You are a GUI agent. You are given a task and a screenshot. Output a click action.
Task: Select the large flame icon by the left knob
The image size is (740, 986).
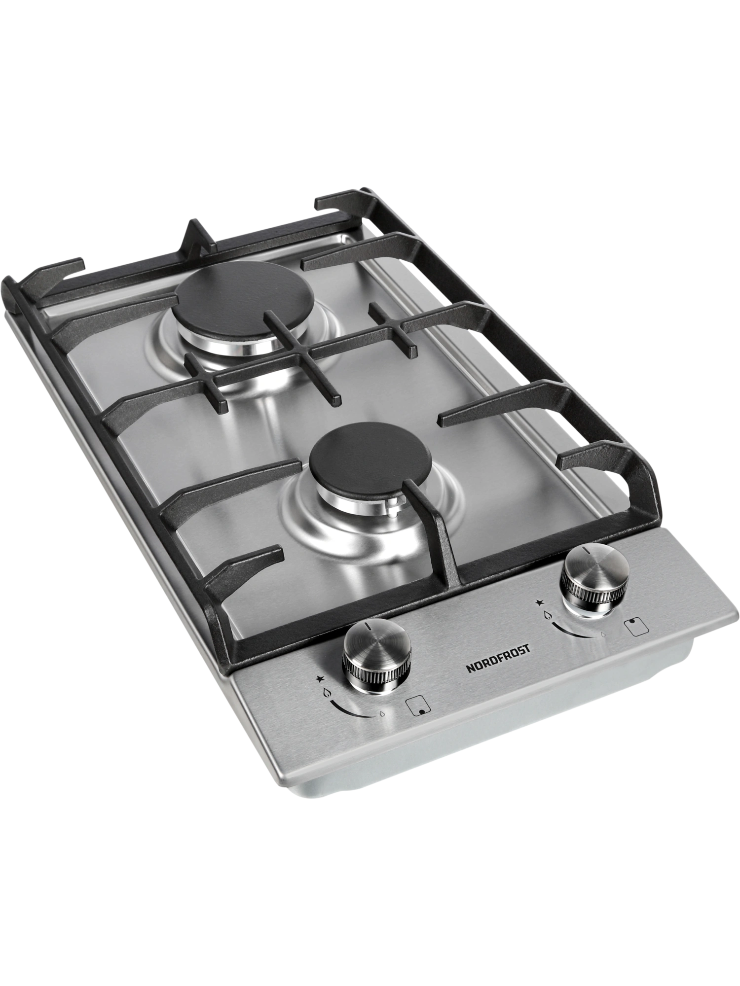click(327, 693)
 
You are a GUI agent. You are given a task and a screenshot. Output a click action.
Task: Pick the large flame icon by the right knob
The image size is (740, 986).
click(547, 615)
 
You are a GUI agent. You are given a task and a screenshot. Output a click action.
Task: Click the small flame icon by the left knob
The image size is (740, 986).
click(383, 713)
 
